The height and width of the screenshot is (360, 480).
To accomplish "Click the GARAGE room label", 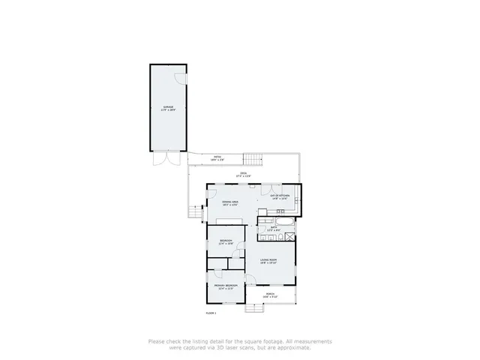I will [x=169, y=108].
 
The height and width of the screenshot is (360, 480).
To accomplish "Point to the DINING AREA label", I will [x=230, y=202].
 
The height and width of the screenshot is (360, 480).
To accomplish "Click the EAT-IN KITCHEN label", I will [x=280, y=196].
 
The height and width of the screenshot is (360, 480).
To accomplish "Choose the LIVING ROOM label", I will [x=269, y=261].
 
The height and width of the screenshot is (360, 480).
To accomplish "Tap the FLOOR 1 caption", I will [x=211, y=312].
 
